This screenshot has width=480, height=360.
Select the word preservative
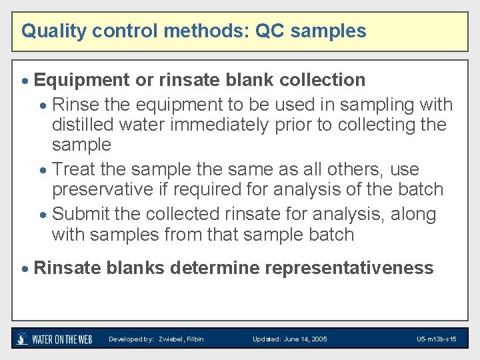pos(103,190)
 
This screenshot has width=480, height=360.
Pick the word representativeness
pos(349,269)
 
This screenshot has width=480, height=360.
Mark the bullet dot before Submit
pos(43,215)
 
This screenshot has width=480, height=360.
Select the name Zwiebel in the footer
pos(170,339)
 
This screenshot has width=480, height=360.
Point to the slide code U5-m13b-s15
pos(436,339)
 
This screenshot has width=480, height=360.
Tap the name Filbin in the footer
pos(195,339)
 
